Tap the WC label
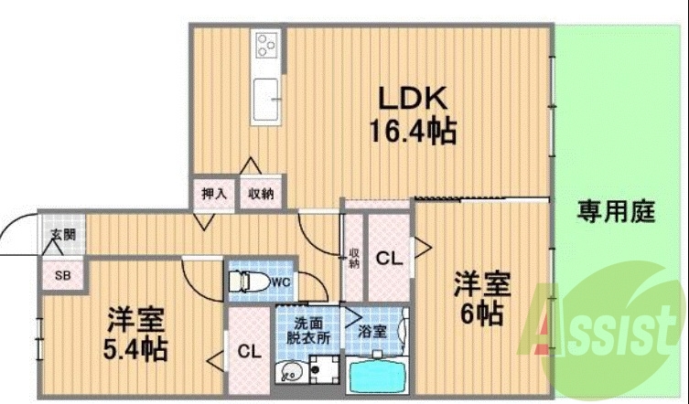tap(279, 282)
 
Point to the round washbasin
tap(291, 374)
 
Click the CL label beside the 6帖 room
tap(389, 260)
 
